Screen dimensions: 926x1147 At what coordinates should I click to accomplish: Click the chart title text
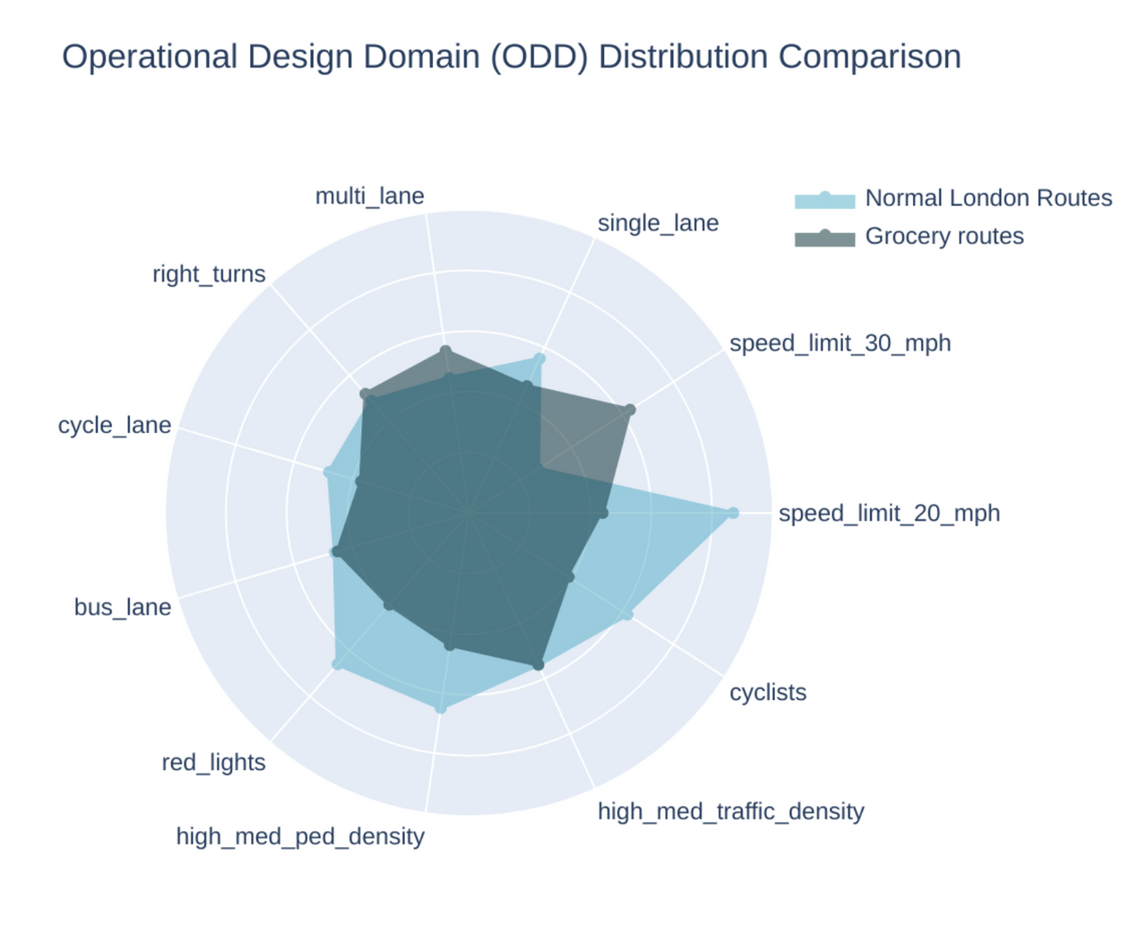click(x=511, y=56)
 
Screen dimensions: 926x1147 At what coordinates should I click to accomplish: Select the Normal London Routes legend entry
click(x=987, y=198)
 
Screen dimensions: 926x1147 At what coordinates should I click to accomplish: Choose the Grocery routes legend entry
click(x=944, y=236)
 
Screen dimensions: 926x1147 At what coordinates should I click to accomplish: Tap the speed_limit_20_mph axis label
click(x=889, y=514)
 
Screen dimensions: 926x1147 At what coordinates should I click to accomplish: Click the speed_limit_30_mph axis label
click(x=840, y=343)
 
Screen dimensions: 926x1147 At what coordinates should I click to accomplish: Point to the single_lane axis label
click(x=658, y=223)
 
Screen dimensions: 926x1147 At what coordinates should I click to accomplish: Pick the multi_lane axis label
click(x=369, y=196)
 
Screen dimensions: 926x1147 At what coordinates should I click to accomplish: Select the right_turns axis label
click(x=209, y=274)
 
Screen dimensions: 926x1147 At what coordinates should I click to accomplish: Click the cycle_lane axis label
click(x=115, y=425)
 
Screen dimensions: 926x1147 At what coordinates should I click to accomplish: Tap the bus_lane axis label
click(x=123, y=608)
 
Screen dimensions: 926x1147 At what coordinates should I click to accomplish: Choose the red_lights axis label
click(x=213, y=763)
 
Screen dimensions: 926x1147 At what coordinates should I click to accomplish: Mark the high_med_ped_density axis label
click(x=300, y=836)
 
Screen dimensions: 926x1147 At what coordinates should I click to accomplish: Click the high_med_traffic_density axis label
click(x=730, y=811)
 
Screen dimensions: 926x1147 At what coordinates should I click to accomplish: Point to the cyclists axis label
click(x=768, y=693)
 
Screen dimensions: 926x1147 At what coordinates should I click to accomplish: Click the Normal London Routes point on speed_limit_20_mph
click(x=733, y=513)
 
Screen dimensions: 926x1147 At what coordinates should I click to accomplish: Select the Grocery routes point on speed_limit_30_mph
click(x=629, y=411)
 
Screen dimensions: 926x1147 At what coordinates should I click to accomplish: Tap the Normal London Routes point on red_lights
click(x=337, y=664)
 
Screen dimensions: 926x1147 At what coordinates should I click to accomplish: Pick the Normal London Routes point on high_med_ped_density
click(x=440, y=708)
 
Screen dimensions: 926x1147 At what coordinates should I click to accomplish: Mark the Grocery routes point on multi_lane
click(x=446, y=350)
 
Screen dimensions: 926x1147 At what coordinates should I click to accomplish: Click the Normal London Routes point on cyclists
click(x=627, y=614)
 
